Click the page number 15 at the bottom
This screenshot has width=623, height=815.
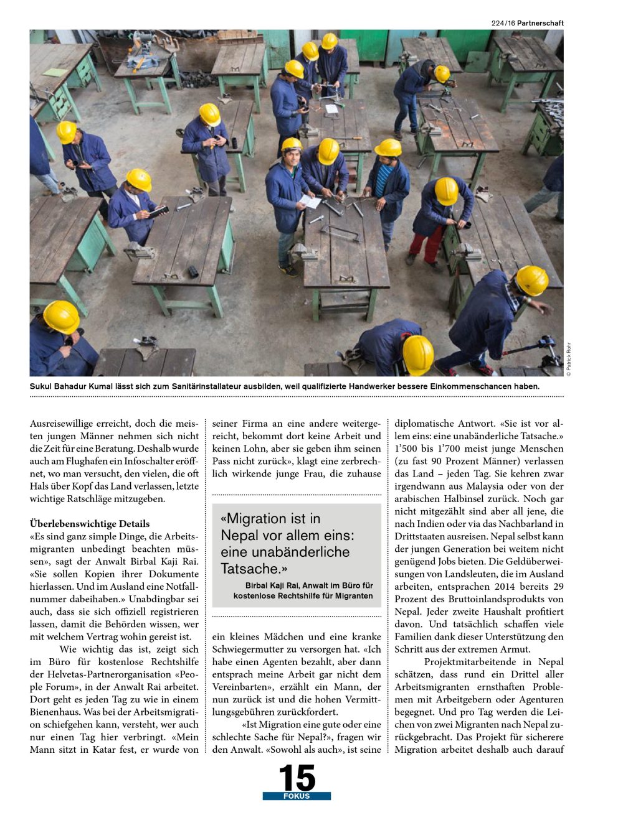(297, 778)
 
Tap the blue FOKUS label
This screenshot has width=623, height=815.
(297, 796)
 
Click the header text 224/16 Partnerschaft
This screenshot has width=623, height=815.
(527, 23)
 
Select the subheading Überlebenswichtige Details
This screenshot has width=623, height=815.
(90, 524)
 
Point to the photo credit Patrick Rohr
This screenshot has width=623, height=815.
(569, 360)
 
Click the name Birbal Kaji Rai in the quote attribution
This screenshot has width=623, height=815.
(273, 585)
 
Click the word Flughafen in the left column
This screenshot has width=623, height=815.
(80, 461)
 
